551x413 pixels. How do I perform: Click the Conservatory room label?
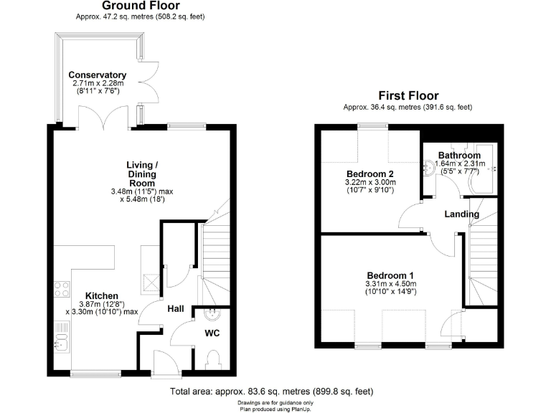(98, 75)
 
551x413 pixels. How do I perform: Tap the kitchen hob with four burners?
(60, 289)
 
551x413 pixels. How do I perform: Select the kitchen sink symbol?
(60, 335)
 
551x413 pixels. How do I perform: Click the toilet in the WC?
(213, 359)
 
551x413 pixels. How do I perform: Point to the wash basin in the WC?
(212, 313)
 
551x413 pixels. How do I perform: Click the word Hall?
(176, 308)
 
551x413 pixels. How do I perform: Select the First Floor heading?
(408, 95)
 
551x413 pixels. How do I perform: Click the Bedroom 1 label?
(390, 275)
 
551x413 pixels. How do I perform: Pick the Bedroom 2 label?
(370, 174)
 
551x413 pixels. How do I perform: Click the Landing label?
(461, 214)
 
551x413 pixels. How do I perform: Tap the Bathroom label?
(459, 155)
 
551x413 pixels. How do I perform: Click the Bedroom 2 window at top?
(373, 126)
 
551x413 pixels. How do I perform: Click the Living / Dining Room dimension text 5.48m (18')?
(143, 199)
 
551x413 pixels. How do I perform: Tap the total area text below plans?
(271, 391)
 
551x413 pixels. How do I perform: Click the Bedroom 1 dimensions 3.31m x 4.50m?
(390, 285)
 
